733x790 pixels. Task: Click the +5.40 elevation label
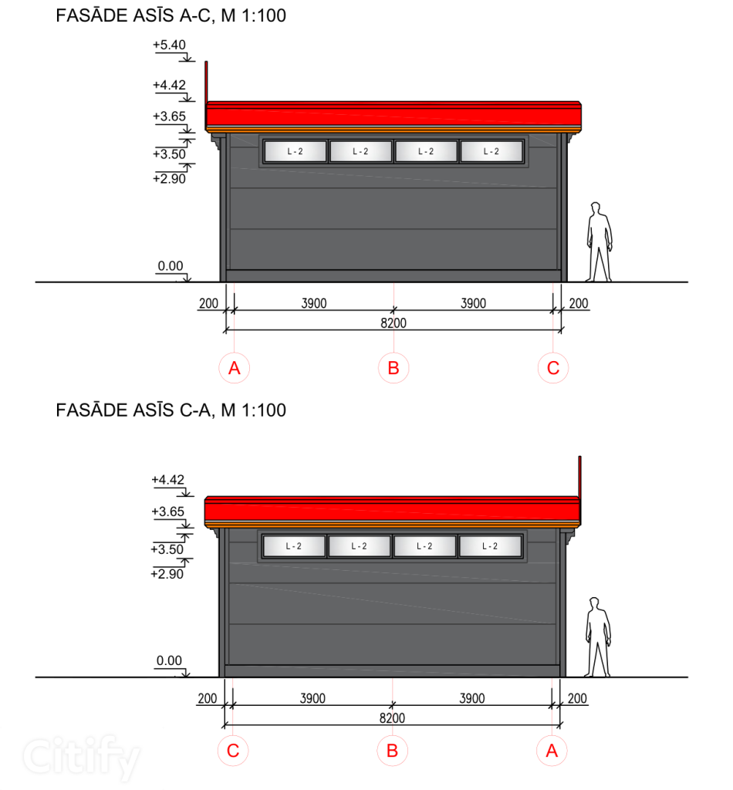(x=169, y=45)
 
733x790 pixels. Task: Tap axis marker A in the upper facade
(x=235, y=368)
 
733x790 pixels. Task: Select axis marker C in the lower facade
(x=233, y=751)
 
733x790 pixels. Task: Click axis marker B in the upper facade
(x=394, y=368)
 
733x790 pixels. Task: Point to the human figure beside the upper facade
(x=600, y=241)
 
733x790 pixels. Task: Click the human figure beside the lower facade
(x=598, y=636)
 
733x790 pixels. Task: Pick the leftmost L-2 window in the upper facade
(x=296, y=151)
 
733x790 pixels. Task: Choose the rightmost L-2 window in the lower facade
(x=490, y=546)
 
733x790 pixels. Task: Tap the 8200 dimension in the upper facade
(x=394, y=323)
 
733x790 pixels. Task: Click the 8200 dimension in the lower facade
(x=392, y=718)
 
